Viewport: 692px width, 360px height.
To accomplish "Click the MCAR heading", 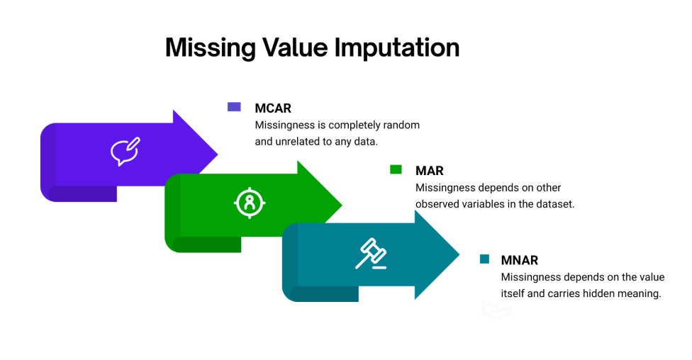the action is click(273, 108).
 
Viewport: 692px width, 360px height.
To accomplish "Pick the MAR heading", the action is click(429, 171).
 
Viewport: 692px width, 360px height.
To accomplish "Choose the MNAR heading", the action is click(519, 260).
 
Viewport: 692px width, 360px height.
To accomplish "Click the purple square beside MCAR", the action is click(234, 107).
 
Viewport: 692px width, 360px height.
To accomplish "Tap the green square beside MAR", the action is click(396, 169).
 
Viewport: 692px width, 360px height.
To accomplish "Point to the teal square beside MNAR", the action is click(485, 259).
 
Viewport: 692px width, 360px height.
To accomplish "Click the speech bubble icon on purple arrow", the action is click(125, 152).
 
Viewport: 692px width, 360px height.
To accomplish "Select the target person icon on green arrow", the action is click(250, 203).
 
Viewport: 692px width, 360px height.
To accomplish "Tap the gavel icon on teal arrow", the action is click(372, 254).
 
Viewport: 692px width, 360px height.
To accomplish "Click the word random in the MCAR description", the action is click(401, 125).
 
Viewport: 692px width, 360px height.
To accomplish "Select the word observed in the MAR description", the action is click(440, 203).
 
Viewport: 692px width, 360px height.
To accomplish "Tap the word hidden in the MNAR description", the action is click(603, 293).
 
